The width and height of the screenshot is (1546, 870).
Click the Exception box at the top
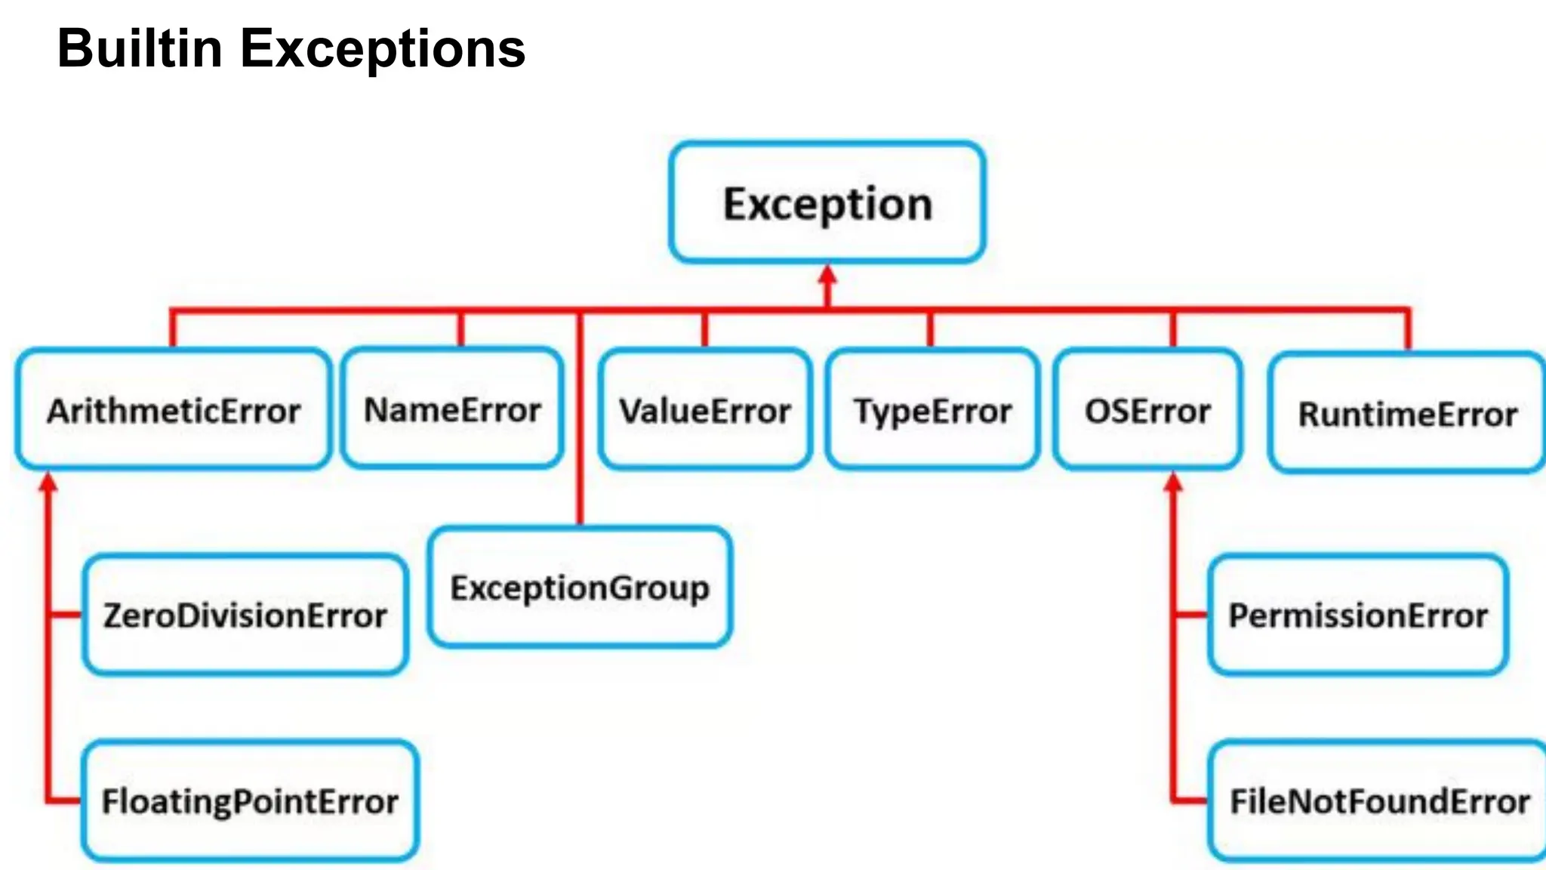[x=827, y=202]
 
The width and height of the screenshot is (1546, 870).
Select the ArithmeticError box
[x=174, y=410]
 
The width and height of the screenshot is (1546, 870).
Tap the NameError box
[x=452, y=409]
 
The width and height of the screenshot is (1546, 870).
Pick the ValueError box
[x=705, y=410]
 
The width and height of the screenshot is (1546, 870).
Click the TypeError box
[x=932, y=410]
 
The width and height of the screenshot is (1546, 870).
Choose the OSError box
[x=1147, y=410]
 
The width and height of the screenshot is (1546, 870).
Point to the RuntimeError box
[x=1407, y=413]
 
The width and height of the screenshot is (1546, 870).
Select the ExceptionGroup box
[x=580, y=588]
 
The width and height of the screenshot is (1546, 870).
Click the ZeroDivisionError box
[x=245, y=615]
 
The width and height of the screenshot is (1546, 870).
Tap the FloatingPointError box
[x=250, y=801]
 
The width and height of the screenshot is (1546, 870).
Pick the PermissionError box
[x=1358, y=615]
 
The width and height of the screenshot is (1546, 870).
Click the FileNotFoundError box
[x=1379, y=801]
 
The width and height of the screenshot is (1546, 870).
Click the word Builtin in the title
[x=140, y=48]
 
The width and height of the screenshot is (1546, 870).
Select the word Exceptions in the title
[x=382, y=48]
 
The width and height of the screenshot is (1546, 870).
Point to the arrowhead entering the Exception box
[x=827, y=275]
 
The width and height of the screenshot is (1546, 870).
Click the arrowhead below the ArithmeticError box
[x=48, y=483]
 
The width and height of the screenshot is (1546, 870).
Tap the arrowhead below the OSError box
[x=1173, y=483]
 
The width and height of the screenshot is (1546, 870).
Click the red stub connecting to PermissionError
[x=1191, y=615]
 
